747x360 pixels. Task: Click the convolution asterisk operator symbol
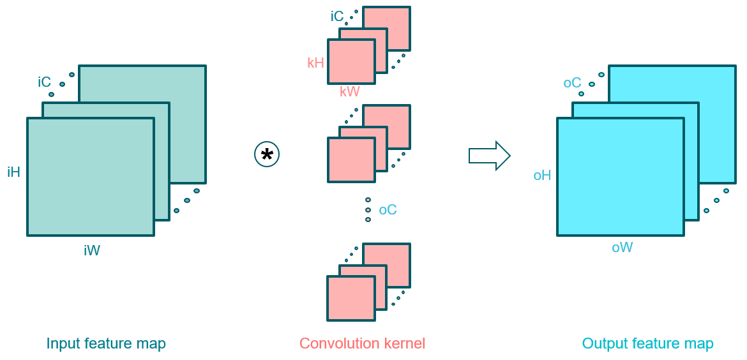coord(267,155)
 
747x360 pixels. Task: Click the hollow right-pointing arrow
coord(489,156)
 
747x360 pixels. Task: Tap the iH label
coord(14,172)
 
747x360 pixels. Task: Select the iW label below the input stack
coord(92,251)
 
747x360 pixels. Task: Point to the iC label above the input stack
coord(44,82)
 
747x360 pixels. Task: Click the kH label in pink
coord(315,63)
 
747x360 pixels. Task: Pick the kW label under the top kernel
coord(350,92)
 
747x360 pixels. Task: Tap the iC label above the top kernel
coord(337,17)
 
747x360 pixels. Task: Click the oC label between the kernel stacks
coord(388,209)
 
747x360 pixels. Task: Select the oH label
coord(542,176)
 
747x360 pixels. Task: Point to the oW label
coord(622,248)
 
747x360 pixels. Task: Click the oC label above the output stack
coord(572,83)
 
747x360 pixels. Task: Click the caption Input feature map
coord(106,343)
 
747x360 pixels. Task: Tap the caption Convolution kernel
coord(362,343)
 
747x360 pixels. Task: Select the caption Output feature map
coord(647,343)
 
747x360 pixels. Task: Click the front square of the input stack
coord(91,176)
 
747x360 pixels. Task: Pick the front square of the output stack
coord(621,176)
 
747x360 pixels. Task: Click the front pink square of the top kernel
coord(351,61)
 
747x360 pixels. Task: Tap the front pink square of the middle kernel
coord(351,160)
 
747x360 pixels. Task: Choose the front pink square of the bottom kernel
coord(351,298)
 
